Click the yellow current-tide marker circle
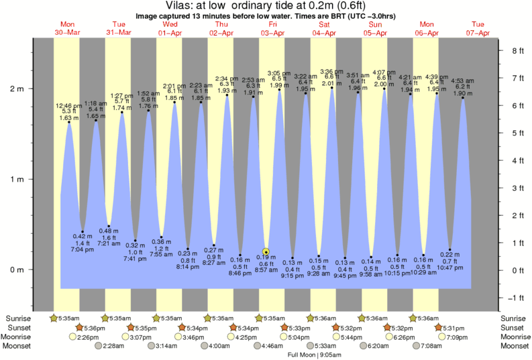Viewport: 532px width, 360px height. pos(266,252)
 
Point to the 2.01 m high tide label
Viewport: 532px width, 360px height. pos(332,84)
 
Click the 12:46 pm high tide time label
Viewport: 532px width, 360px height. pos(68,106)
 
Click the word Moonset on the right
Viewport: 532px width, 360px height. pos(514,347)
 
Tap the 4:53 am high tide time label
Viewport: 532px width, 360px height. pos(463,80)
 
